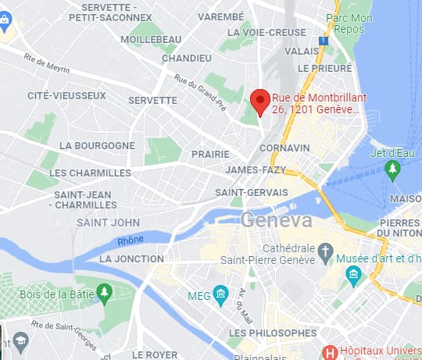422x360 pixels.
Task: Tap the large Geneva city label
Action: (x=277, y=220)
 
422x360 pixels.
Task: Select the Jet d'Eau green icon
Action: (x=393, y=173)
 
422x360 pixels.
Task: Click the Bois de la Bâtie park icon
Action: (x=104, y=294)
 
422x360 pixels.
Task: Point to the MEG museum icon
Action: (x=221, y=295)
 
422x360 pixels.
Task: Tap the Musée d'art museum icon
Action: (x=353, y=274)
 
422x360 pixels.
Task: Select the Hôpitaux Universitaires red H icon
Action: (x=330, y=353)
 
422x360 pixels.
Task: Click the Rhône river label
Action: (x=131, y=240)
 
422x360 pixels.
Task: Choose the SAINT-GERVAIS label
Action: (x=252, y=192)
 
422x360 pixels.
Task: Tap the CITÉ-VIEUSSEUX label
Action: (x=66, y=95)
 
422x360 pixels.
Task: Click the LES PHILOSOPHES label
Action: (x=273, y=333)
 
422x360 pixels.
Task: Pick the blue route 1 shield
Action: (x=322, y=41)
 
